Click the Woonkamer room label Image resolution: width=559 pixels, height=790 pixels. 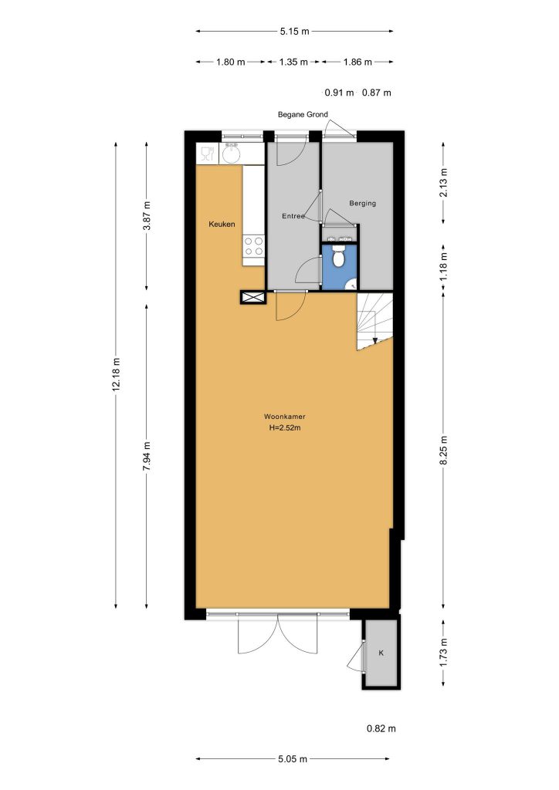pos(284,417)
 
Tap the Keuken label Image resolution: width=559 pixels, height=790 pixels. pos(222,225)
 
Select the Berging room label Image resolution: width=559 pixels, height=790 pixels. pos(362,203)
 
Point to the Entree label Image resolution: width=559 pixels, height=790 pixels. pos(293,216)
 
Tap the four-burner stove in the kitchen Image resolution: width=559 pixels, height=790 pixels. pos(253,246)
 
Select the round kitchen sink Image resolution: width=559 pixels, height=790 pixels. pos(232,154)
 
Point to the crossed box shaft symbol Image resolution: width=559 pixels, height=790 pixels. pos(253,298)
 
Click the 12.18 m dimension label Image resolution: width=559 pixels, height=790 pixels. pos(117,374)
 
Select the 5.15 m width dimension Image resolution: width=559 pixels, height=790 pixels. pos(294,31)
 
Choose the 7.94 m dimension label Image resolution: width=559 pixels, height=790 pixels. pos(147,456)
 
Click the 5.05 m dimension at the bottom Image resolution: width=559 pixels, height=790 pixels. pos(293,759)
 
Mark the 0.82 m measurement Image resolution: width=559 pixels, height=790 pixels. pos(381,728)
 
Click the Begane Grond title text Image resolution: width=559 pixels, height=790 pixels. pos(303,114)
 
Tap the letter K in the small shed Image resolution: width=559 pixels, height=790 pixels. pos(381,653)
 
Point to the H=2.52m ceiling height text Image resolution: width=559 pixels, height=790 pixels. pos(285,428)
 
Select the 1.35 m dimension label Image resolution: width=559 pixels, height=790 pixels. pos(293,62)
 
